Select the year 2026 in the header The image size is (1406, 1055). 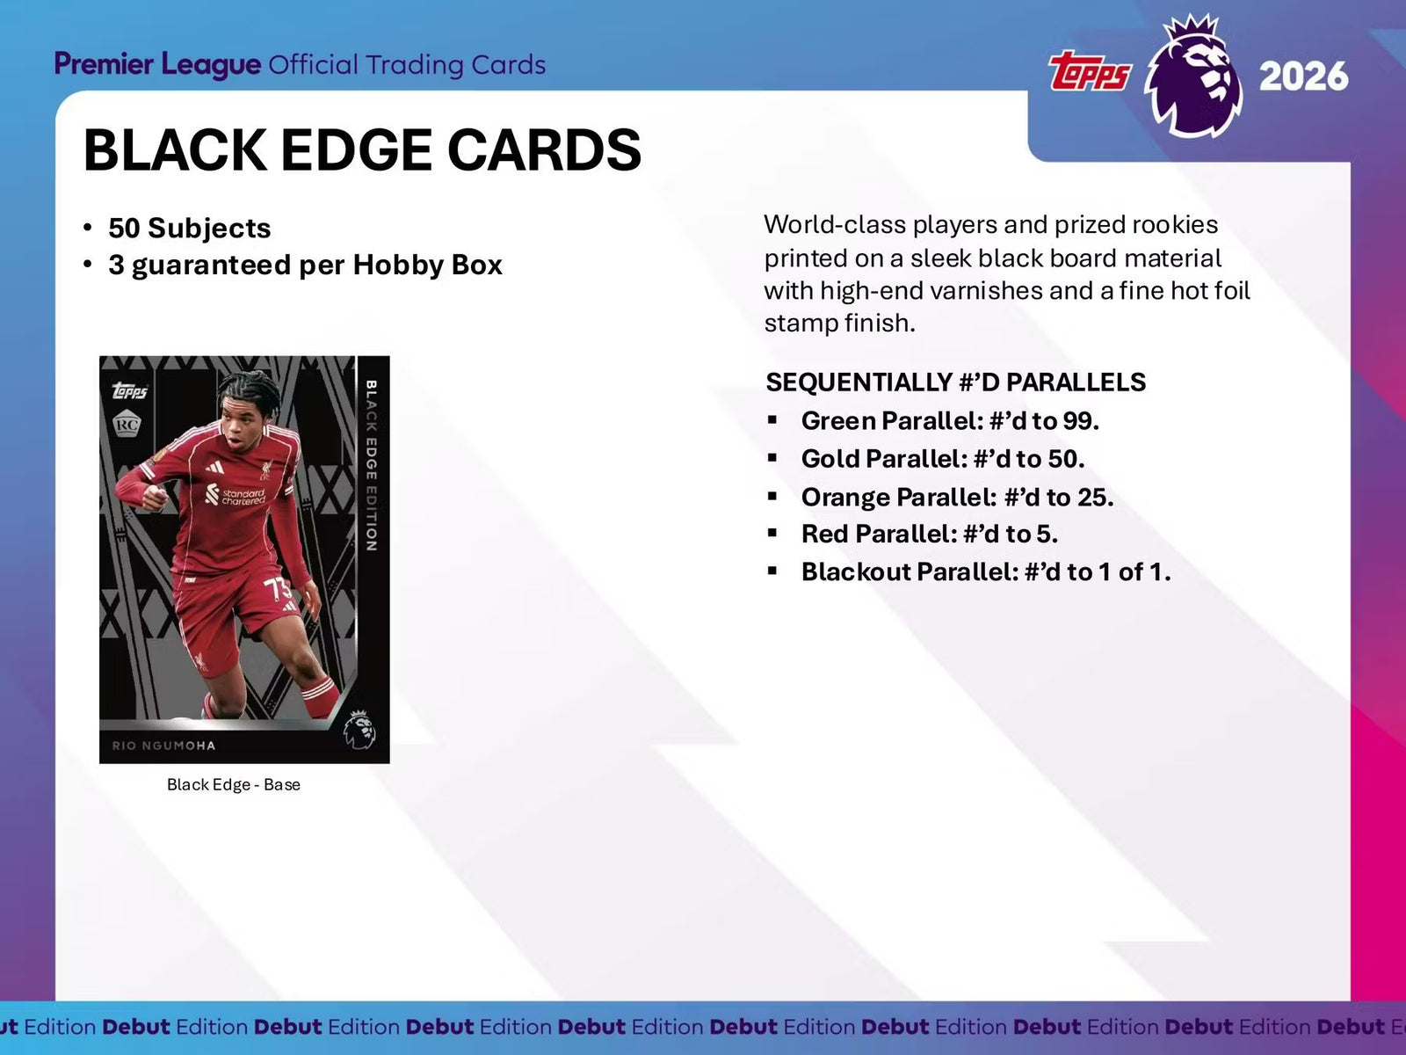click(x=1303, y=76)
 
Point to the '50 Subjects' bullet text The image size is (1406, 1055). click(x=189, y=228)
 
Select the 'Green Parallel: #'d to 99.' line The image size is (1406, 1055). click(x=949, y=421)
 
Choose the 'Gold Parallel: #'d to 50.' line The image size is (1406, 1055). click(x=942, y=459)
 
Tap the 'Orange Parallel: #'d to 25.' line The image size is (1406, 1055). click(x=957, y=498)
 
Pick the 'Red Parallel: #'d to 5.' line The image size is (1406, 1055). click(x=929, y=535)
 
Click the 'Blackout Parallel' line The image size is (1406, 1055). click(x=985, y=572)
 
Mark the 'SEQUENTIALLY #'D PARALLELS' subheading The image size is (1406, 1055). click(x=955, y=382)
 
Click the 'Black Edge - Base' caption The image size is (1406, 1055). click(x=234, y=785)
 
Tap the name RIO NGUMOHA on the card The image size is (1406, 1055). click(x=163, y=746)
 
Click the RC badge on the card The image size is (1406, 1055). click(x=127, y=426)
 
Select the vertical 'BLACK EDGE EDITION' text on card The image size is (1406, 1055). click(x=371, y=466)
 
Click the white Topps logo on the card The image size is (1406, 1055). click(x=130, y=390)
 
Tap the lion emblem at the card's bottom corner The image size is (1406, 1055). click(x=359, y=730)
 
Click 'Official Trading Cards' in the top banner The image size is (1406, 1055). click(x=407, y=65)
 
